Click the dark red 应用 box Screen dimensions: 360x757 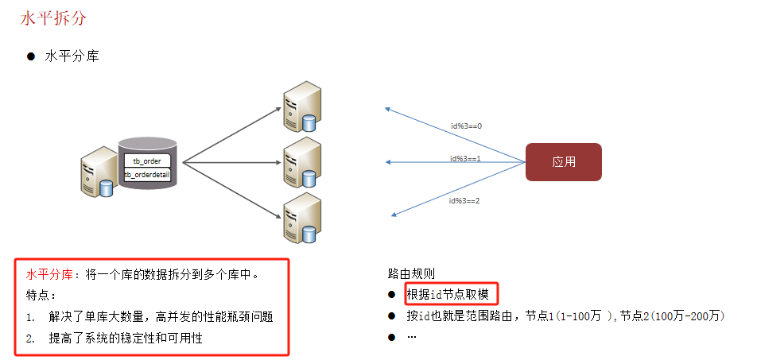[x=564, y=161]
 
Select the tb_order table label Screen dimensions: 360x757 [x=146, y=161]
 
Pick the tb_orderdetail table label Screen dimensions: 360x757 [x=147, y=174]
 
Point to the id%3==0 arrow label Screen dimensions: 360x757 [x=466, y=126]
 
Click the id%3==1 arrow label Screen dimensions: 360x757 [x=465, y=158]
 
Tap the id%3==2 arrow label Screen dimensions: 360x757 [x=464, y=200]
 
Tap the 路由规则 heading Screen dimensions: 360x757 [x=411, y=274]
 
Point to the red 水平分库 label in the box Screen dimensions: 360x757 [x=51, y=275]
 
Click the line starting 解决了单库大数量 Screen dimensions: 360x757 [x=161, y=316]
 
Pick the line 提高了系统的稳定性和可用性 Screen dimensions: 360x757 [x=126, y=338]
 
